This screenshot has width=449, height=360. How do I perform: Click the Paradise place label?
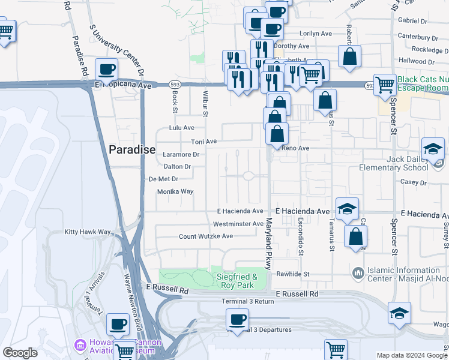(132, 149)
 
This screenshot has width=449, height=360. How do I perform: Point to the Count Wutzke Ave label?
(206, 236)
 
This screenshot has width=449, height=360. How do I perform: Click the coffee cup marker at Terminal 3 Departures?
(238, 319)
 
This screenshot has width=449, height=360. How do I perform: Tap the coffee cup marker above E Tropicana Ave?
(107, 70)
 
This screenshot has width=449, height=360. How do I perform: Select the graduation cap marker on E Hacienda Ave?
(347, 209)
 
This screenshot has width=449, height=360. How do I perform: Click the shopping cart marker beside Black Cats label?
(384, 85)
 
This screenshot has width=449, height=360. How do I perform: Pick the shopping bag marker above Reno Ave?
(277, 134)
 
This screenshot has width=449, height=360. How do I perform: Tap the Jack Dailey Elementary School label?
(393, 163)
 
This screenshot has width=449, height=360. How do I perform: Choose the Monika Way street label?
(175, 192)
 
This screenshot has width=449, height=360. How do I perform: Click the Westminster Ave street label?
(238, 224)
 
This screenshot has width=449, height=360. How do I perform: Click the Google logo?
(20, 353)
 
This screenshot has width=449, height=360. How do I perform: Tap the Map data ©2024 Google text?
(411, 355)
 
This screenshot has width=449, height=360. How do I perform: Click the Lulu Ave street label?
(182, 128)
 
